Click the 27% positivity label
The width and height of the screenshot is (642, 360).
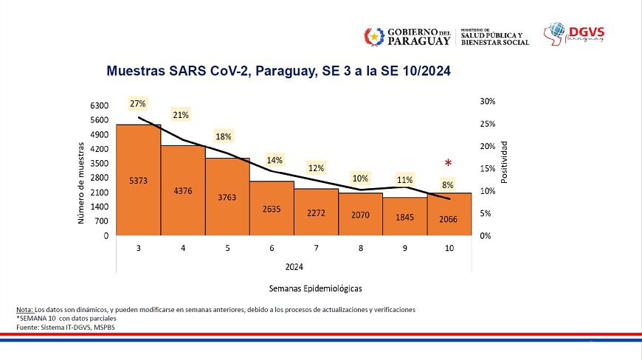tap(137, 104)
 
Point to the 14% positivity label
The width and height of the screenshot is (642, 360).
tap(275, 160)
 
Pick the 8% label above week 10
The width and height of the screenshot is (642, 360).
tap(448, 184)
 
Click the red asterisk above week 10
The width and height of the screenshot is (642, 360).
tap(447, 164)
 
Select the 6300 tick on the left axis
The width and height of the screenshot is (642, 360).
tap(99, 105)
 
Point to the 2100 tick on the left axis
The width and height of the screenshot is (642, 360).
tap(99, 193)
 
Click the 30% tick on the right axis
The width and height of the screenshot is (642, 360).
tap(487, 101)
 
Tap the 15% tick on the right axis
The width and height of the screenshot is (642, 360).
tap(487, 168)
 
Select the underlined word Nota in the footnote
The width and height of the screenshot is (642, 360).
tap(24, 309)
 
